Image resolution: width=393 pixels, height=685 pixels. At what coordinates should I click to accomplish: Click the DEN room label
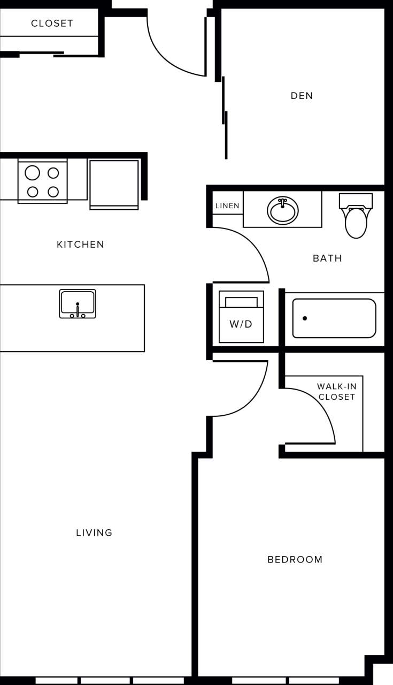pos(302,96)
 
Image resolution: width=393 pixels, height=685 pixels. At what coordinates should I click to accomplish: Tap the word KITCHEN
pos(81,245)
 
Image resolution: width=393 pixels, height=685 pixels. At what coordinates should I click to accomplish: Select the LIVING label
pos(94,532)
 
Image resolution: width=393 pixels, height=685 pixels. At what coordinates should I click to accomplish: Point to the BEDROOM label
pos(295,560)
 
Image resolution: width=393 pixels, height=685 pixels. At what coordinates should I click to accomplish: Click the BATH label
pos(327,258)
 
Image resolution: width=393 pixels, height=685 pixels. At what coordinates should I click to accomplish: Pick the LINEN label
pos(227,206)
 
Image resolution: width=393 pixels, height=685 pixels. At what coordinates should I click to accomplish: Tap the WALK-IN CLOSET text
pos(336,391)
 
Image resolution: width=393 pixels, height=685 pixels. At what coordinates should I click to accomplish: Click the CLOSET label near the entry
pos(52,24)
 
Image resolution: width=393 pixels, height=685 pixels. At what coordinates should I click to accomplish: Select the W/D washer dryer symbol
pos(241,317)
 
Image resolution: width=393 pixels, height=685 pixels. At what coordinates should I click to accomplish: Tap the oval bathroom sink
pos(283,210)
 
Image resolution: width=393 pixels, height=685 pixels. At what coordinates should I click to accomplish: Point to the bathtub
pos(334,318)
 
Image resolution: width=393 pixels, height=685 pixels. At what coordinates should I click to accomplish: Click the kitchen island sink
pos(78,303)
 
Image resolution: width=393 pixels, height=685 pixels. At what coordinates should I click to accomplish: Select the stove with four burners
pos(43,181)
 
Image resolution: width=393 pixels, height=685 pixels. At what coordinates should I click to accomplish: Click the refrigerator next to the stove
pos(114,184)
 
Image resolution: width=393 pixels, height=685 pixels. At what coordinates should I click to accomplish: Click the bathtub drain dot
pos(305,318)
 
